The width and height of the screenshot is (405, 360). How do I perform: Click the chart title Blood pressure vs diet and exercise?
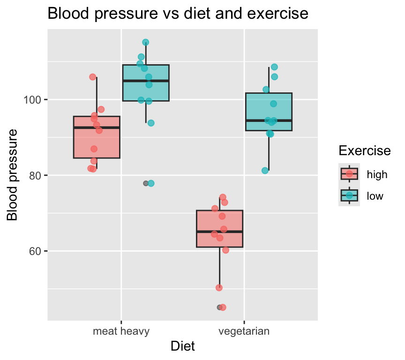[x=178, y=14]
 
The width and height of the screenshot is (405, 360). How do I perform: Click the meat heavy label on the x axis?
[x=121, y=332]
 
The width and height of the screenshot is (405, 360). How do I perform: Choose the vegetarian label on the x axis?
[x=244, y=332]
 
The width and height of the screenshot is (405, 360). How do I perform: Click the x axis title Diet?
[x=183, y=346]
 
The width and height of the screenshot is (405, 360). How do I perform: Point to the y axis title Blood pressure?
[x=14, y=175]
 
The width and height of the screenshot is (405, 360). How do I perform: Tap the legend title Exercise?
[x=365, y=150]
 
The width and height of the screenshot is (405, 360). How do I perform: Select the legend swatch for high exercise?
[x=349, y=174]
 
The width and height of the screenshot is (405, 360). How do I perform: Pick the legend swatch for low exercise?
[x=349, y=196]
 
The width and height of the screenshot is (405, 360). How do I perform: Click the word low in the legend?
[x=375, y=196]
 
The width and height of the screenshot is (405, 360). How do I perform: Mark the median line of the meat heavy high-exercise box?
[x=97, y=127]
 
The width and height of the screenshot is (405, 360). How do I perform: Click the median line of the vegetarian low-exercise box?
[x=269, y=120]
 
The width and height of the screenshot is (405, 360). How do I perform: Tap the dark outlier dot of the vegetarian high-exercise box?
[x=219, y=307]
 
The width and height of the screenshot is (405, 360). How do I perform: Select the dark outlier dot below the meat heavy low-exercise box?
[x=146, y=183]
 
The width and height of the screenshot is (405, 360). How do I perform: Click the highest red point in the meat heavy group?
[x=93, y=77]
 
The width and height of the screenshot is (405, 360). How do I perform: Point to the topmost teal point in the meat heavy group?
[x=146, y=42]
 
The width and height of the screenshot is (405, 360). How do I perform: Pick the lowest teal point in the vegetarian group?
[x=265, y=171]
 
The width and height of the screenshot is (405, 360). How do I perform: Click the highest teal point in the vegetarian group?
[x=274, y=67]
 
